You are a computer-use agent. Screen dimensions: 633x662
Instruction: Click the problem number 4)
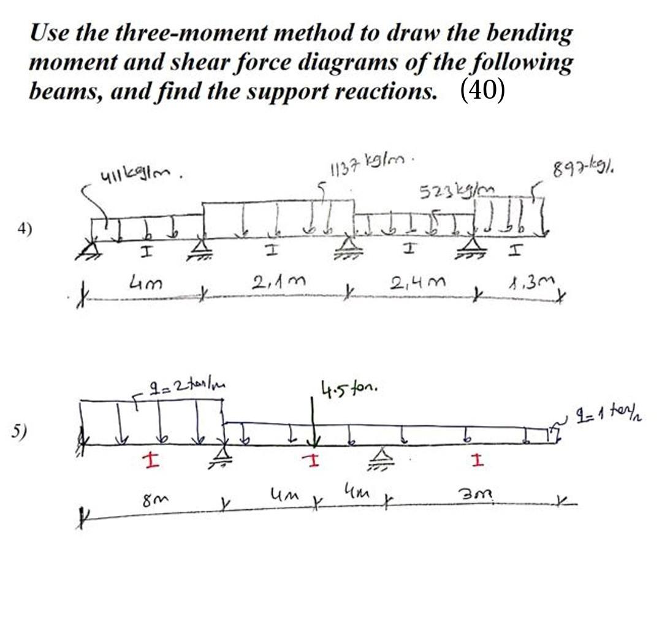click(25, 229)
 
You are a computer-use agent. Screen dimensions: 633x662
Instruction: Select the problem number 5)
click(20, 431)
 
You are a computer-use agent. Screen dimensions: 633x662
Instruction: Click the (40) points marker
click(482, 91)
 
